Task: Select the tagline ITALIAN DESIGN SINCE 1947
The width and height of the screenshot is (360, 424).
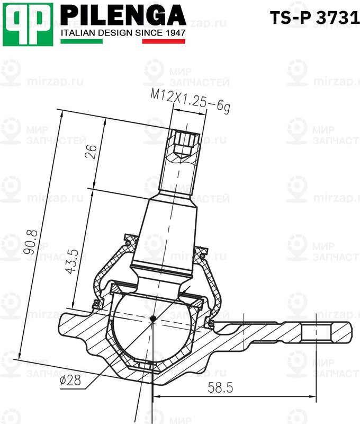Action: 123,33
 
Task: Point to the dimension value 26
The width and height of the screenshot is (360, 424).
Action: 91,153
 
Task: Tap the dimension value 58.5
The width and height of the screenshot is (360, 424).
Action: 220,388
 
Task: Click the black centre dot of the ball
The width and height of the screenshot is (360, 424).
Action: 152,319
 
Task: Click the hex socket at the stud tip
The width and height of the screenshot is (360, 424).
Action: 185,142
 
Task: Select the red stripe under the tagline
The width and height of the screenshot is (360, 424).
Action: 164,41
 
